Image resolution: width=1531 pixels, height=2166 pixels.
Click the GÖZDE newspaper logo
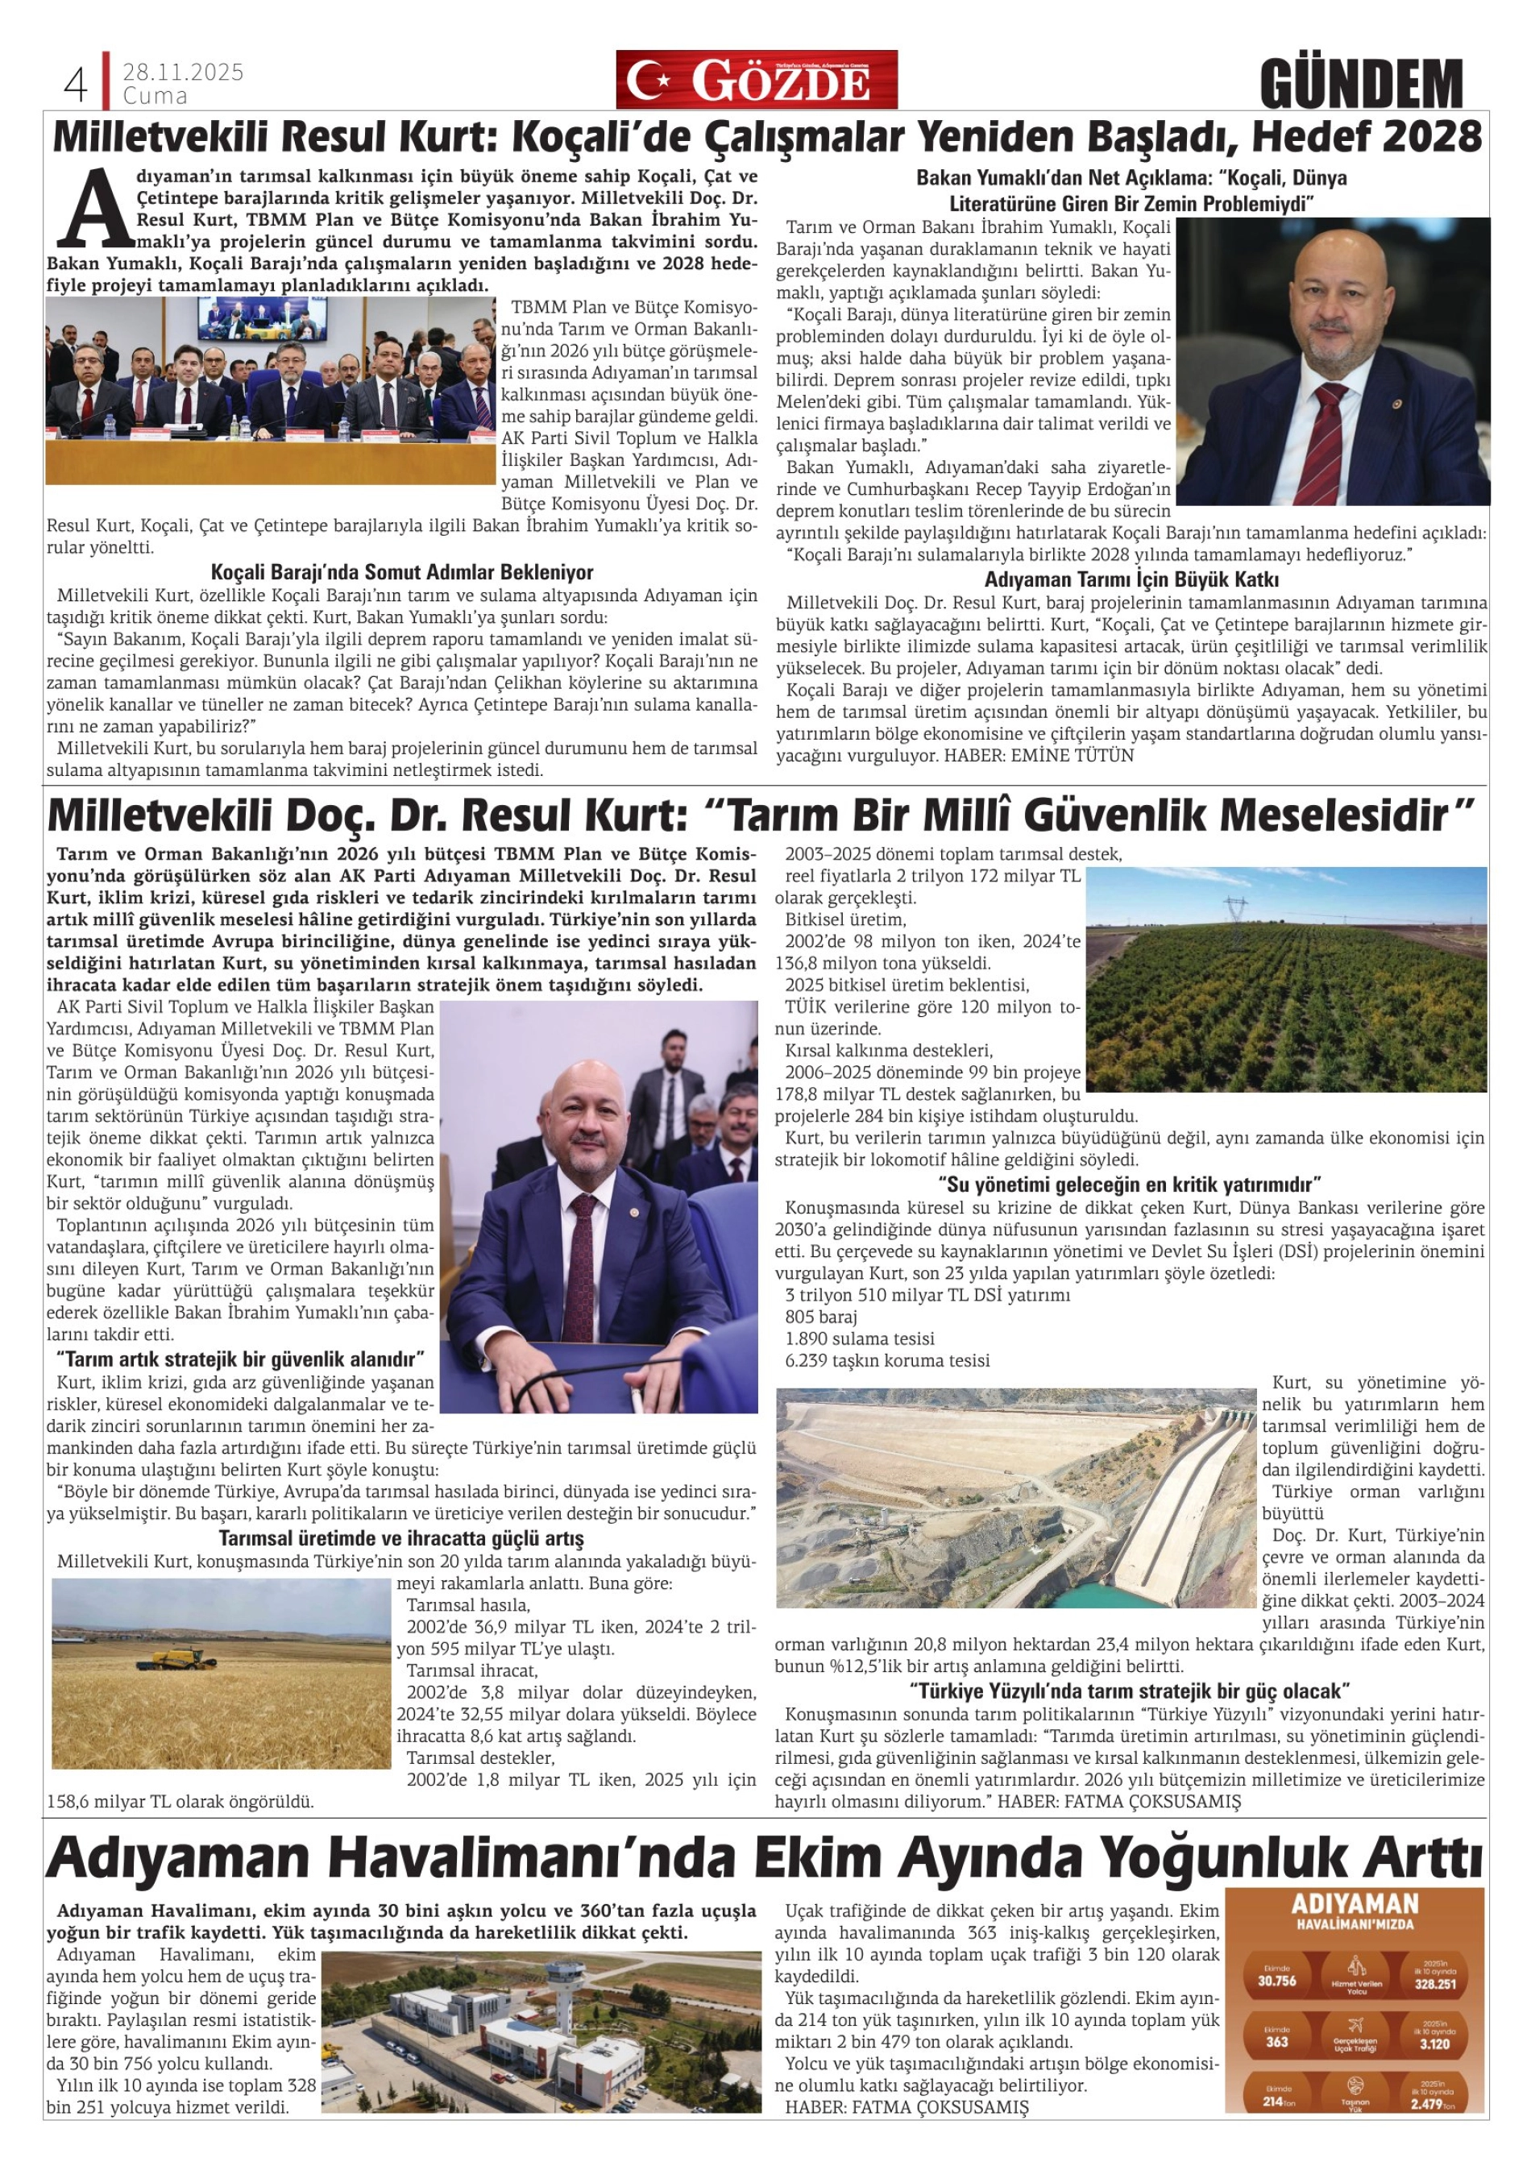point(757,81)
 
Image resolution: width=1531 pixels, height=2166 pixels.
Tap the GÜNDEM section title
point(1361,84)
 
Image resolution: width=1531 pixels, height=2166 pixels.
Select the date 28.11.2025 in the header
point(183,73)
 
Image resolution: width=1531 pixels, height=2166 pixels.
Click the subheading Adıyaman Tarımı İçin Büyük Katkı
point(1131,579)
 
